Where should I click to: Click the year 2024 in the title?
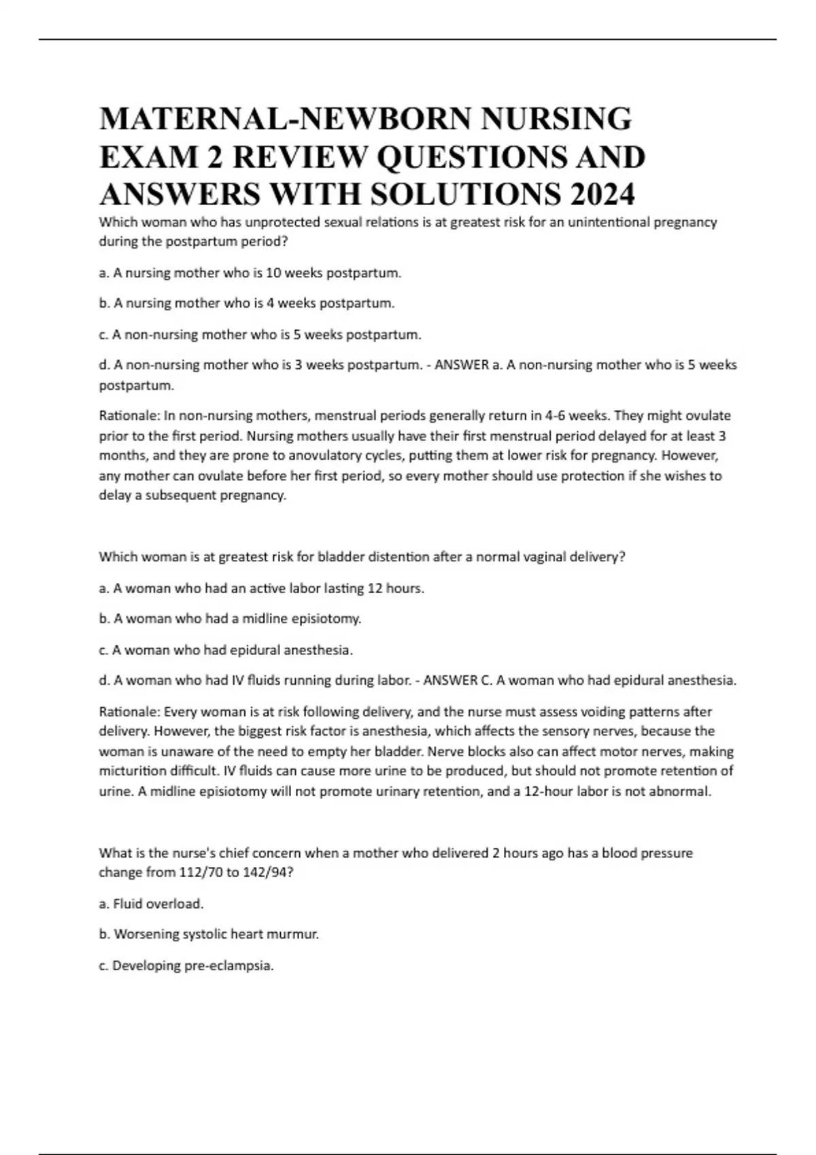pyautogui.click(x=602, y=194)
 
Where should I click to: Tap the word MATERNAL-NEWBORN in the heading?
pyautogui.click(x=286, y=119)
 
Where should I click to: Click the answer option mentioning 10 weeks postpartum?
pyautogui.click(x=250, y=273)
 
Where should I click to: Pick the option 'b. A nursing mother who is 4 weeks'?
pyautogui.click(x=246, y=303)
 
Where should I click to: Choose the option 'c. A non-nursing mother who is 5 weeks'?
pyautogui.click(x=260, y=334)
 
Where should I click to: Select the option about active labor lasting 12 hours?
pyautogui.click(x=262, y=588)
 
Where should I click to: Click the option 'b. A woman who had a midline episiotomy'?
pyautogui.click(x=230, y=618)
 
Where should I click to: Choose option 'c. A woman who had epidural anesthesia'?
pyautogui.click(x=226, y=650)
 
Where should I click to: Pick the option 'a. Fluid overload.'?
pyautogui.click(x=151, y=904)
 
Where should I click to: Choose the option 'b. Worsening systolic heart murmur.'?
pyautogui.click(x=209, y=934)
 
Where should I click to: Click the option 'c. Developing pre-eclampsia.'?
pyautogui.click(x=186, y=965)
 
